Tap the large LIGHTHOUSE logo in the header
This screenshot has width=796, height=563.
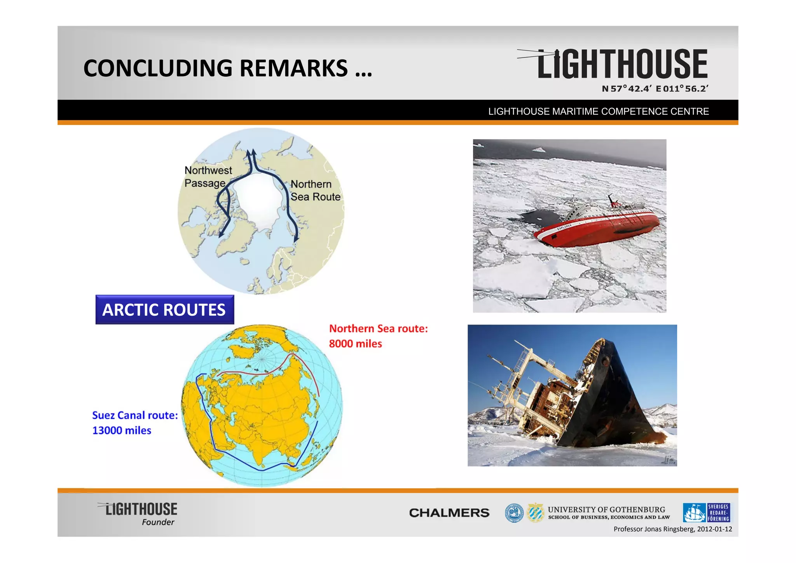pos(621,64)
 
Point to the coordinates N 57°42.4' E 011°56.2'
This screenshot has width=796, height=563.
pos(655,89)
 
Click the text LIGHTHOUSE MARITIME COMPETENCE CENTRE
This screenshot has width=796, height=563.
pos(598,112)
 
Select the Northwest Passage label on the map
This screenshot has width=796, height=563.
pos(208,177)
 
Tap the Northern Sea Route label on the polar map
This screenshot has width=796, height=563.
pos(315,191)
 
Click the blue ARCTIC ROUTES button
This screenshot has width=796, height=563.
pos(164,310)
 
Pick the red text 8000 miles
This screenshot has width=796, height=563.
pos(355,344)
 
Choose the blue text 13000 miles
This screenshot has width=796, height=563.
pos(122,430)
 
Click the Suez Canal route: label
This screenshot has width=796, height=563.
pos(134,415)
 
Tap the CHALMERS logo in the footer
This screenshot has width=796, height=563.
pos(449,513)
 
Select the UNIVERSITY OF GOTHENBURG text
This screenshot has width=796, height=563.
pos(606,509)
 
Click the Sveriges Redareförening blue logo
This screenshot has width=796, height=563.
pos(706,513)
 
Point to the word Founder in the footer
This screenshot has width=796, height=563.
pos(158,522)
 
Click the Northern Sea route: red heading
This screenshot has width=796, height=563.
pos(378,329)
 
